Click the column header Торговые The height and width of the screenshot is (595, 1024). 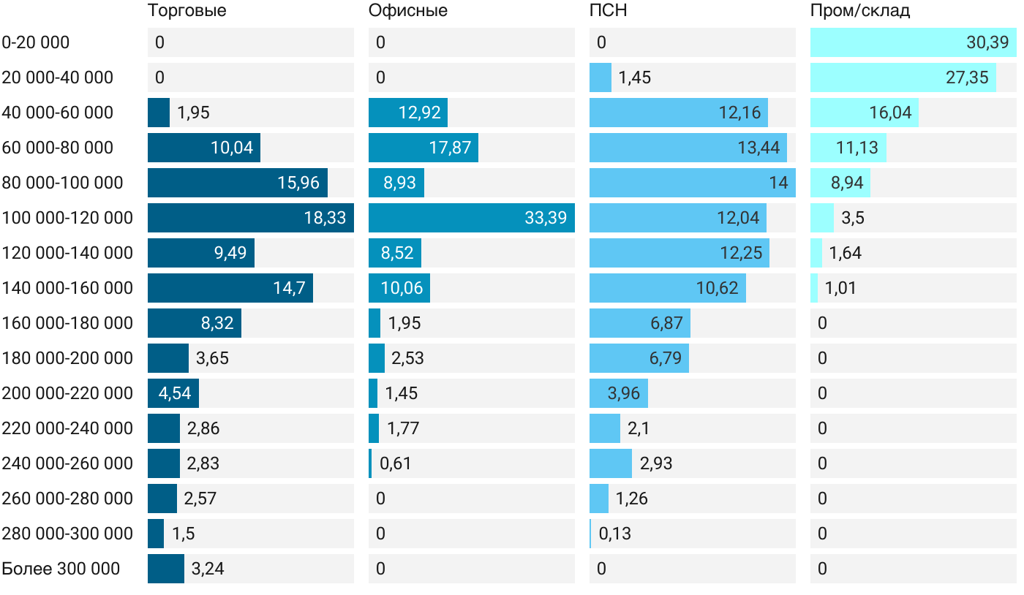coord(187,11)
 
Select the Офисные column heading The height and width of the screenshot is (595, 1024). coord(407,11)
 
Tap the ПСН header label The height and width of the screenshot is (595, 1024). coord(608,11)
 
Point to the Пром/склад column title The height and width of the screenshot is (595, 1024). coord(859,11)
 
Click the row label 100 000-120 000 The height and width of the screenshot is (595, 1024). coord(67,218)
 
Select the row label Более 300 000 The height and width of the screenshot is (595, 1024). coord(61,569)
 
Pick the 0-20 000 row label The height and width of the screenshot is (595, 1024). coord(36,42)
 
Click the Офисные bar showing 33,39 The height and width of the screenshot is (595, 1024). coord(471,218)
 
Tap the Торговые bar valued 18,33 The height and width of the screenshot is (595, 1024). coord(250,218)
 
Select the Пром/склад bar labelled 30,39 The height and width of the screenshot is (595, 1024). coord(913,42)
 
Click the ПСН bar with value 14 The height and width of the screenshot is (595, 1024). coord(691,183)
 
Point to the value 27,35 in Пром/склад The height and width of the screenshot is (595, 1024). coord(967,77)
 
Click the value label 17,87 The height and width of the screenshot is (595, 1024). coord(450,148)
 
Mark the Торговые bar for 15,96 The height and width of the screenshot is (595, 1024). coord(237,183)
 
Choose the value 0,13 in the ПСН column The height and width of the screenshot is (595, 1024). coord(614,534)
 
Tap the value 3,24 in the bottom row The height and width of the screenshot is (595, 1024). coord(208,569)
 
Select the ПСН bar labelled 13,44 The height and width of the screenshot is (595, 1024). coord(688,148)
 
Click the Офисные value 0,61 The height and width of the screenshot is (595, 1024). coord(395,463)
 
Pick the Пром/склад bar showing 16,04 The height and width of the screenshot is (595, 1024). coord(864,113)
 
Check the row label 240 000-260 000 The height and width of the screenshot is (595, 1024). coord(67,463)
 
